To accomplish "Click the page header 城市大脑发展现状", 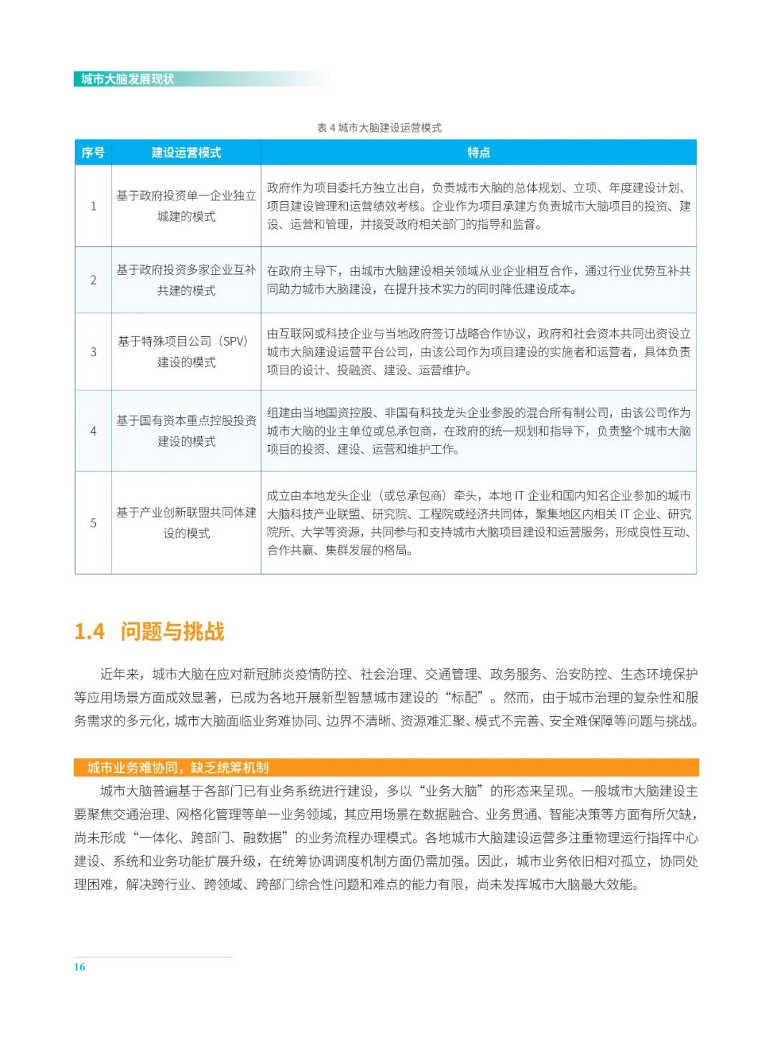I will click(127, 79).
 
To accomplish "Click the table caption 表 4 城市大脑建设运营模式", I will click(379, 128).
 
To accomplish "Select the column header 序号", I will click(93, 152).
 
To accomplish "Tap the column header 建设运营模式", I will click(186, 152).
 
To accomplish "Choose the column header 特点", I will click(478, 152).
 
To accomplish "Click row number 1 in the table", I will click(93, 206).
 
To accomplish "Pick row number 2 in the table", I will click(93, 280).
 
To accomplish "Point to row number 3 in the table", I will click(93, 351).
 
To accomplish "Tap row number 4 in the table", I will click(93, 431).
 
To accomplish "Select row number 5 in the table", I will click(93, 522).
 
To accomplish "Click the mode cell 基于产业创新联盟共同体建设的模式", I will click(186, 522).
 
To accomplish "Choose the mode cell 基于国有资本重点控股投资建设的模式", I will click(186, 431).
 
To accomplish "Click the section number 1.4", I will click(89, 632).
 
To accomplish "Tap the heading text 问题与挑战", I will click(172, 632).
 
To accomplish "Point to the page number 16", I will click(79, 967).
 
